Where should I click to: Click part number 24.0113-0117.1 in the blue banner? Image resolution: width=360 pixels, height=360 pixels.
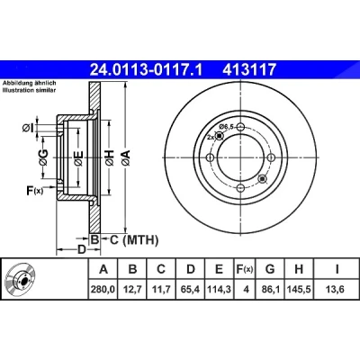[147, 69]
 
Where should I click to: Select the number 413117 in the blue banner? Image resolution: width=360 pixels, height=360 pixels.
[248, 69]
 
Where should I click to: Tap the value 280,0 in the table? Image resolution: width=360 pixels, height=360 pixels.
[103, 290]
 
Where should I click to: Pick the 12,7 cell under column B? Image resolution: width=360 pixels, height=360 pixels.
[132, 290]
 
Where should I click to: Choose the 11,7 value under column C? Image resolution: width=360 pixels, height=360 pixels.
[161, 290]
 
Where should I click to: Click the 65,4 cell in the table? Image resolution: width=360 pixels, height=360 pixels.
[191, 290]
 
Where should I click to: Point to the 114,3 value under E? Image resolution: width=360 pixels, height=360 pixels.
[220, 290]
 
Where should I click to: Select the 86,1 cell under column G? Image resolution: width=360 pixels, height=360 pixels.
[270, 290]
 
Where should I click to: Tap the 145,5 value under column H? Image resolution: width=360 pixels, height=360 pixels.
[299, 290]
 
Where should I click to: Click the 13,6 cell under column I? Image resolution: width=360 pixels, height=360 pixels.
[336, 290]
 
